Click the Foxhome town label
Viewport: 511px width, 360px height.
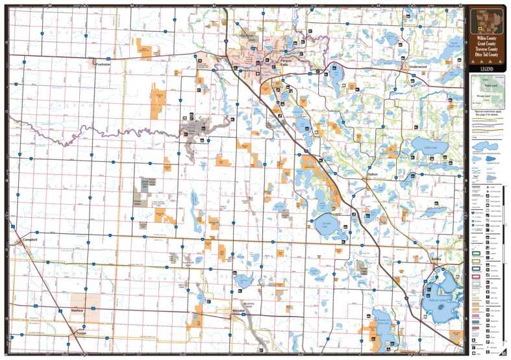[104, 64]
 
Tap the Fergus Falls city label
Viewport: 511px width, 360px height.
[286, 60]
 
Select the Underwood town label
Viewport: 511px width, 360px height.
[417, 67]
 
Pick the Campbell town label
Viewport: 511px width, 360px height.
[29, 240]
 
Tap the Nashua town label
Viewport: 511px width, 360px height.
[78, 310]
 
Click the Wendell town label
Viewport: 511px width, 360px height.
[238, 311]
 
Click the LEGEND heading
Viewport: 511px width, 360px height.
[488, 68]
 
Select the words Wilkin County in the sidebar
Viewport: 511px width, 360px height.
[488, 40]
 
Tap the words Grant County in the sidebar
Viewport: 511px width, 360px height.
[488, 45]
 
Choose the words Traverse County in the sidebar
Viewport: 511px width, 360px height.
[488, 50]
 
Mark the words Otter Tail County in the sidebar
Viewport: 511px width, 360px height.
[488, 55]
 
